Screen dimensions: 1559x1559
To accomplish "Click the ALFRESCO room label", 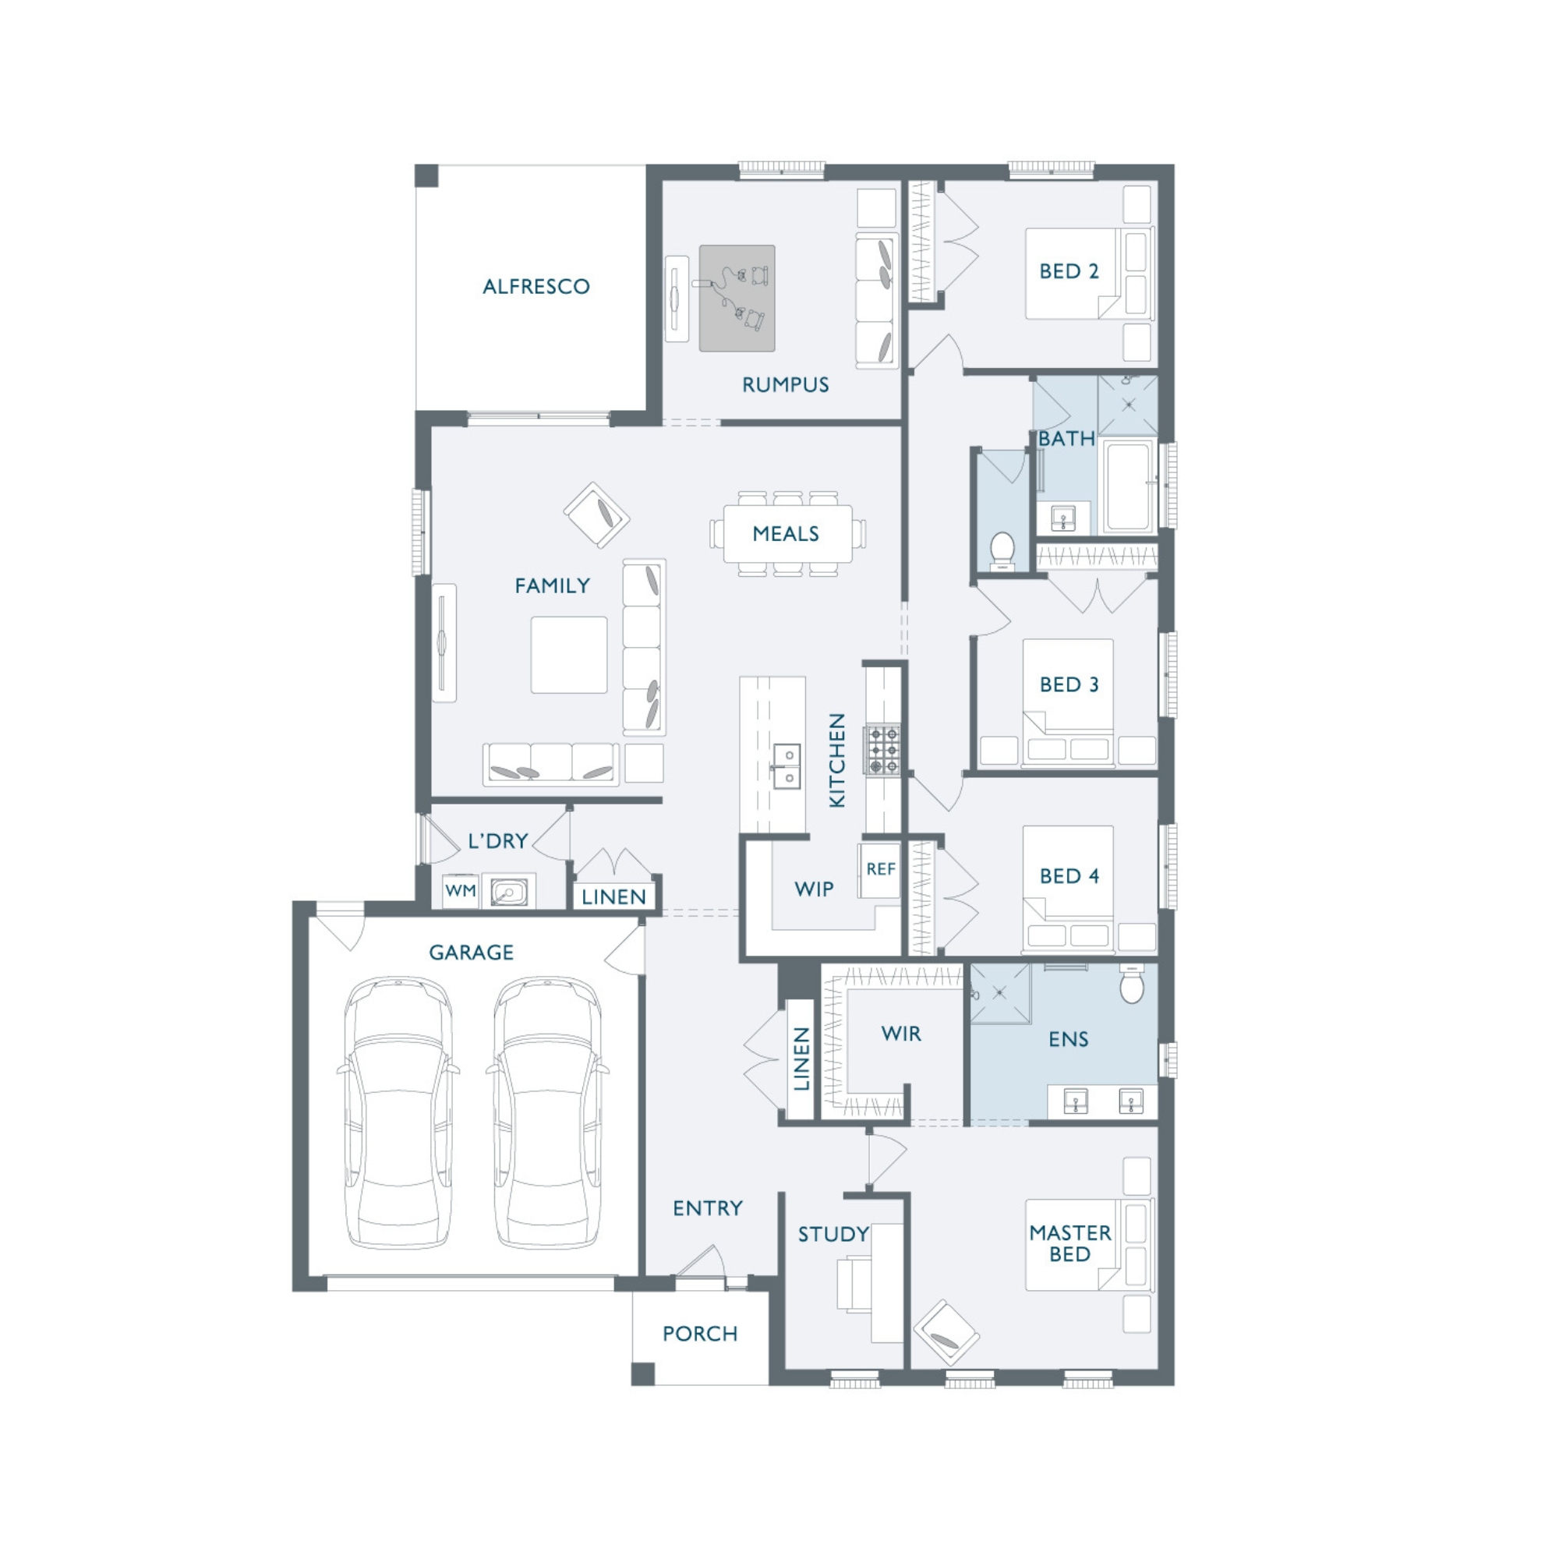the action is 536,286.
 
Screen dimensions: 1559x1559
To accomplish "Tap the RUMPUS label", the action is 785,385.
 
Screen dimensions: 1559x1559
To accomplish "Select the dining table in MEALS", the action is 787,533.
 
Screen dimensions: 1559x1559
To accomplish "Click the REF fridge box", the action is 880,870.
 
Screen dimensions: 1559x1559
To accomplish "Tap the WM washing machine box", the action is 461,891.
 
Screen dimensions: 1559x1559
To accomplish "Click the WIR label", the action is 900,1034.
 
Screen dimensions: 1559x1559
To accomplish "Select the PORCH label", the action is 700,1334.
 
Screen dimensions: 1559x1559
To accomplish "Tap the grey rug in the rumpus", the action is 737,298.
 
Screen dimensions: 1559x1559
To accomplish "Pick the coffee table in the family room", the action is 569,655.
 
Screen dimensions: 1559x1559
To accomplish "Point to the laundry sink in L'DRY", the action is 508,892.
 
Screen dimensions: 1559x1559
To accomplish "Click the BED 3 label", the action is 1069,685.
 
